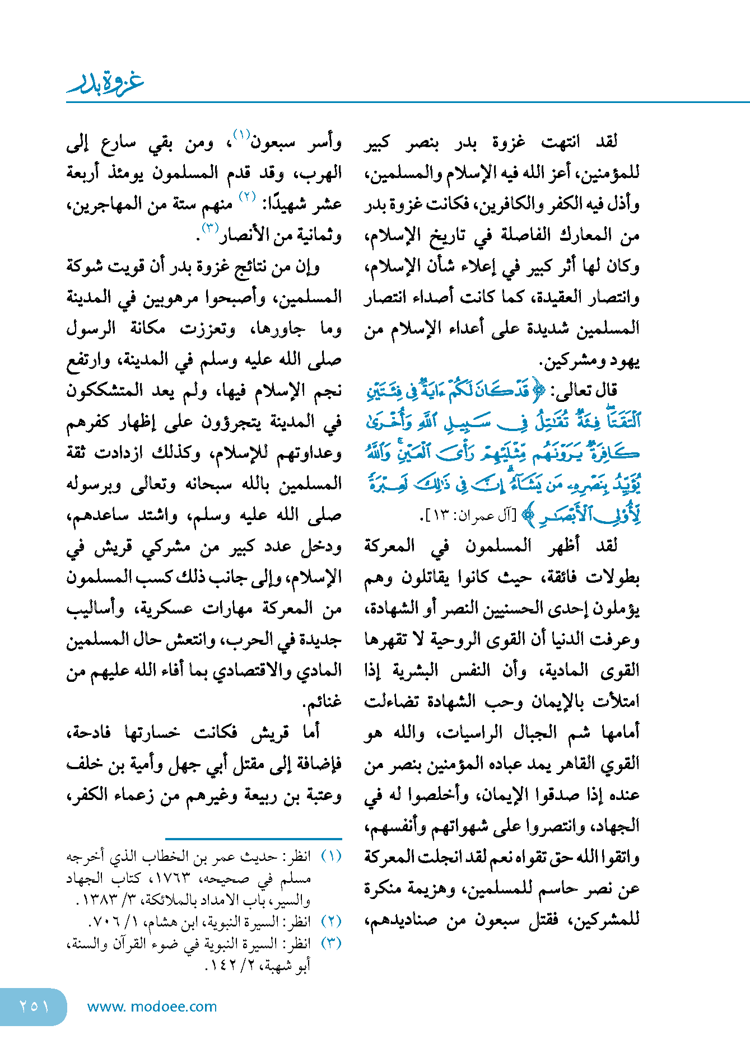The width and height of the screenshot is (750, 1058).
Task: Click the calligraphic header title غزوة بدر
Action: pyautogui.click(x=105, y=83)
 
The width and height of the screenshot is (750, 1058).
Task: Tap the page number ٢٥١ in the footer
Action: pyautogui.click(x=34, y=1006)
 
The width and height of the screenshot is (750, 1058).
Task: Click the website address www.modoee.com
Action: pyautogui.click(x=152, y=1006)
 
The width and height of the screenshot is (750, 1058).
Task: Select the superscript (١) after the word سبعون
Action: pyautogui.click(x=242, y=135)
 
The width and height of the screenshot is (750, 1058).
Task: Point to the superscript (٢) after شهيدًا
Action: pyautogui.click(x=248, y=197)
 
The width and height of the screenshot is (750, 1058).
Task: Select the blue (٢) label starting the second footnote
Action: pyautogui.click(x=331, y=921)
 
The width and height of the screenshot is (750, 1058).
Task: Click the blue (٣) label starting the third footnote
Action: pyautogui.click(x=331, y=943)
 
